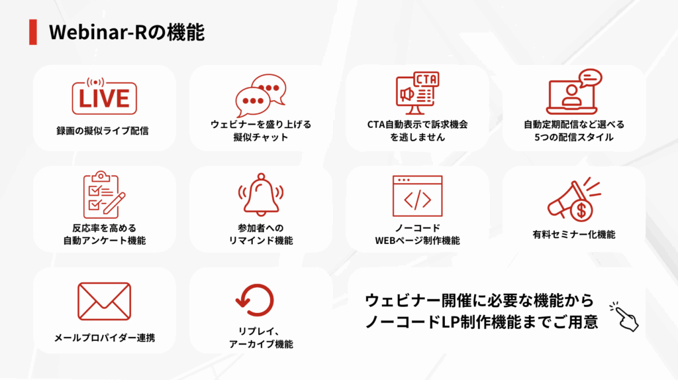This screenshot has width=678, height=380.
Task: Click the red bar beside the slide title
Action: (33, 32)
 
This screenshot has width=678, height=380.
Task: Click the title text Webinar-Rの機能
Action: (126, 32)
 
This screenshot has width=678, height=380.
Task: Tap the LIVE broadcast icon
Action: (104, 96)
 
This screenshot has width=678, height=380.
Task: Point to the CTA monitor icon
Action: (417, 93)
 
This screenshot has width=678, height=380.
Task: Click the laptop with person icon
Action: (574, 92)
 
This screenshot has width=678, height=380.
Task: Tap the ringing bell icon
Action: (261, 194)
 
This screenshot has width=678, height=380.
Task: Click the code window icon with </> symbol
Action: (417, 196)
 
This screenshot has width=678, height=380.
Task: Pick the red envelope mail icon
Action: (104, 301)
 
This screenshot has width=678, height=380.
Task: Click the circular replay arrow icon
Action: (255, 300)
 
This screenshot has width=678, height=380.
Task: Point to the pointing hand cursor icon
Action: (624, 317)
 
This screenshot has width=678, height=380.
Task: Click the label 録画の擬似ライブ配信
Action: (103, 131)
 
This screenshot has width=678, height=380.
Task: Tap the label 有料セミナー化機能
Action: (574, 234)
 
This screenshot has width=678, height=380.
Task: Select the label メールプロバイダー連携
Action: (104, 338)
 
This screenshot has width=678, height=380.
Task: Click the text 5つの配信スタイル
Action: (574, 137)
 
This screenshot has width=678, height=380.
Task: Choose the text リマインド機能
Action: (261, 241)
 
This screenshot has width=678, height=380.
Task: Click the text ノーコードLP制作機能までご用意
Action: (481, 322)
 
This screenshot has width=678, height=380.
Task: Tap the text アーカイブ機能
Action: (261, 344)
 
